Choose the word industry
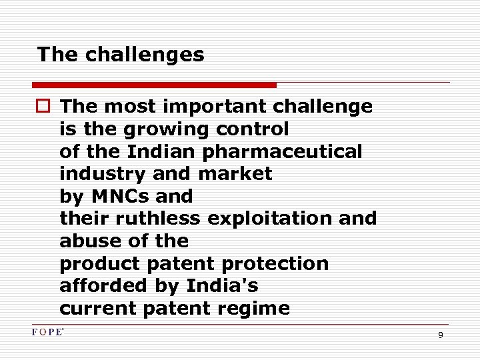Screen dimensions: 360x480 coord(103,174)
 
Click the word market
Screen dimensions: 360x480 coord(235,174)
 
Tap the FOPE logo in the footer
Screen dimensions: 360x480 coord(47,332)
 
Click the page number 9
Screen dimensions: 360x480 coord(441,335)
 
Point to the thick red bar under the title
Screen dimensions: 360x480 coord(154,85)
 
